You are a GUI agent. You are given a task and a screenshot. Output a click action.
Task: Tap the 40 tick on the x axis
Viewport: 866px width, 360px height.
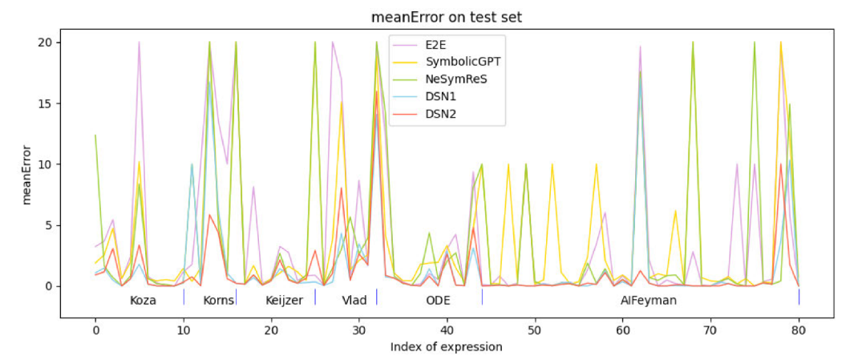(x=447, y=329)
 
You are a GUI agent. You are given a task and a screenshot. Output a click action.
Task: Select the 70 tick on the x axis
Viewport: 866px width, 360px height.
(x=710, y=329)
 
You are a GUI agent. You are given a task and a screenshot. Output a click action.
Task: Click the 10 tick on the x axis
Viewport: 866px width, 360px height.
(x=184, y=329)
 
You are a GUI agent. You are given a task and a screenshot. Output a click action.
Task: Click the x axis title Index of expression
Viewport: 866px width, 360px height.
(x=447, y=347)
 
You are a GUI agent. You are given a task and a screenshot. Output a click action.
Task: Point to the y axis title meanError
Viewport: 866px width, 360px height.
(x=26, y=176)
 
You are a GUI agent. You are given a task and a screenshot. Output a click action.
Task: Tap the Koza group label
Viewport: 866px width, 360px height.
(x=143, y=301)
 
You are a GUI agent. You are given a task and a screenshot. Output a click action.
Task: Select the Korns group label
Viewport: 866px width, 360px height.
(x=218, y=301)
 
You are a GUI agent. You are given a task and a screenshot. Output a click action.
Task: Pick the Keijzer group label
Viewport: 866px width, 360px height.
(x=284, y=301)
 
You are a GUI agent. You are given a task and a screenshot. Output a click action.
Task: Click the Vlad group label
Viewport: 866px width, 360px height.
(x=354, y=301)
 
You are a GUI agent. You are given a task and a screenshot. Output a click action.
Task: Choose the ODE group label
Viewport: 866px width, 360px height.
(x=438, y=301)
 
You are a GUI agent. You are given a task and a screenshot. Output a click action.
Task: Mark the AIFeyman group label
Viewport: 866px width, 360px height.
(x=648, y=301)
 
